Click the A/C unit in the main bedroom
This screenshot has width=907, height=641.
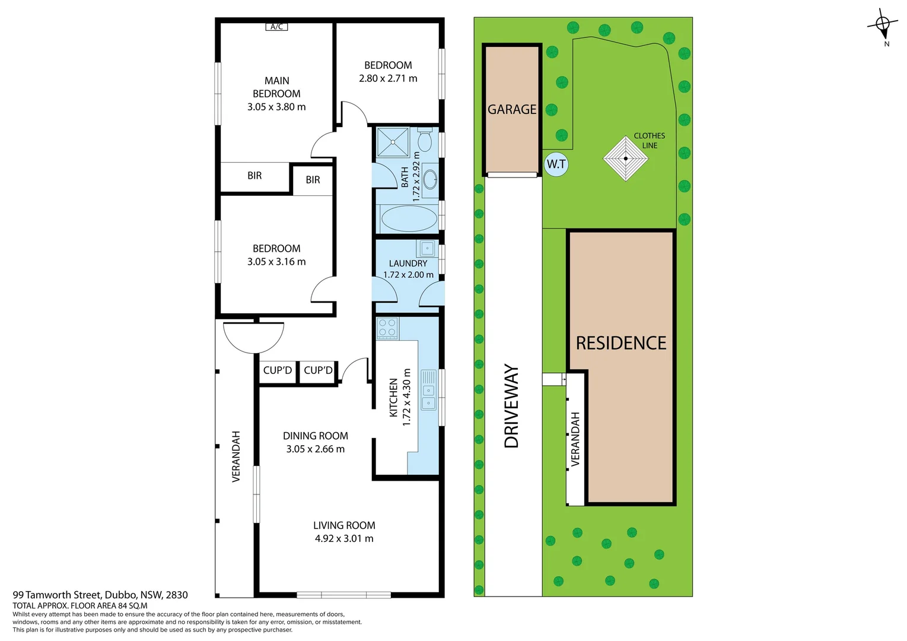(276, 27)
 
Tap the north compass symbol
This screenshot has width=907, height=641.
(883, 25)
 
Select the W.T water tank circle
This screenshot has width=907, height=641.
(556, 164)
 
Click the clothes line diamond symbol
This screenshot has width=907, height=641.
(626, 158)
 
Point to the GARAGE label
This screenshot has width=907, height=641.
(512, 109)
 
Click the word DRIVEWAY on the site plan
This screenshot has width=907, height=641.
(511, 406)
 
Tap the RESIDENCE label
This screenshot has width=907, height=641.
(620, 343)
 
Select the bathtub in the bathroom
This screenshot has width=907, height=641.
(409, 219)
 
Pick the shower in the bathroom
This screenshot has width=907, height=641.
(393, 142)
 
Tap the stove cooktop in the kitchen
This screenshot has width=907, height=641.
(387, 328)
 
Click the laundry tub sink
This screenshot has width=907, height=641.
(427, 248)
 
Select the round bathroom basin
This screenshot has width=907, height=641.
(429, 180)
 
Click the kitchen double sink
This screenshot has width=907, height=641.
(428, 390)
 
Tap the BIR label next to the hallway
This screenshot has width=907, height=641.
(313, 179)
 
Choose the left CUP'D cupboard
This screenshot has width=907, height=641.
(278, 370)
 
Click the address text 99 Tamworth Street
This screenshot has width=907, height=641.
(57, 595)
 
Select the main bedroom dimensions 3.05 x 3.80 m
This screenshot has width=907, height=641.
(276, 107)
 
